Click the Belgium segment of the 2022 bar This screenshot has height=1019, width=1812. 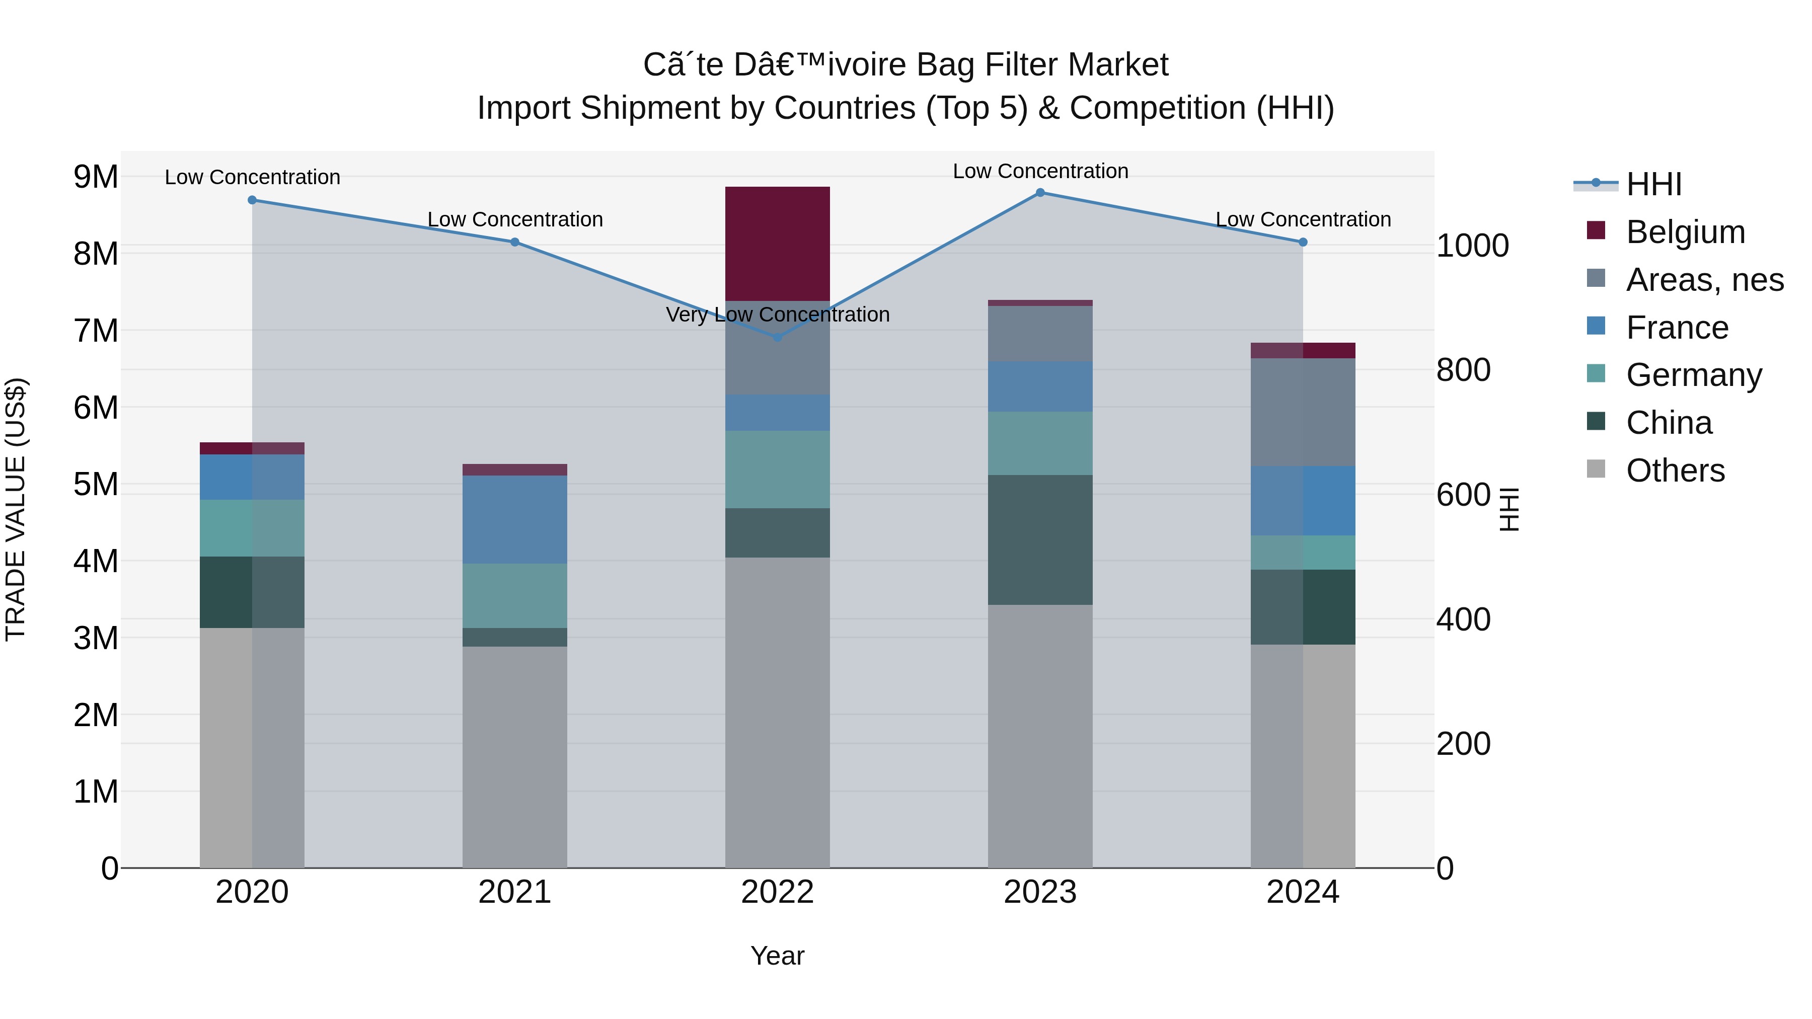tap(777, 244)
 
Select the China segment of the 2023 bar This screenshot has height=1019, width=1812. tap(1040, 539)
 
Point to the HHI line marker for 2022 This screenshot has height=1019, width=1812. tap(777, 338)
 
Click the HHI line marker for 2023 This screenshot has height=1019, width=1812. tap(1040, 193)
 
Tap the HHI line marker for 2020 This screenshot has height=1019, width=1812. tap(252, 200)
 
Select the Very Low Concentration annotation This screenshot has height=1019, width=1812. tap(777, 315)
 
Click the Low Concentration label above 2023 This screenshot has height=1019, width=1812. tap(1040, 171)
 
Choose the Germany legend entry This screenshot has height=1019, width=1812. tap(1693, 375)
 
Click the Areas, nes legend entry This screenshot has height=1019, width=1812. tap(1704, 280)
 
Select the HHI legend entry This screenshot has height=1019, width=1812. tap(1653, 184)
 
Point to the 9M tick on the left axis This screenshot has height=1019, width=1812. tap(96, 177)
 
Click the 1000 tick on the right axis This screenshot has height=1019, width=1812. tap(1472, 246)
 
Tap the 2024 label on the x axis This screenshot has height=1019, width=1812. tap(1302, 892)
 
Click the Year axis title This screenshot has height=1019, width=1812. tap(777, 956)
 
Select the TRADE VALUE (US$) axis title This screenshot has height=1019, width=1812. tap(16, 509)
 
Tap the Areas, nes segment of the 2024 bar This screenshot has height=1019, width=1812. tap(1302, 412)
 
